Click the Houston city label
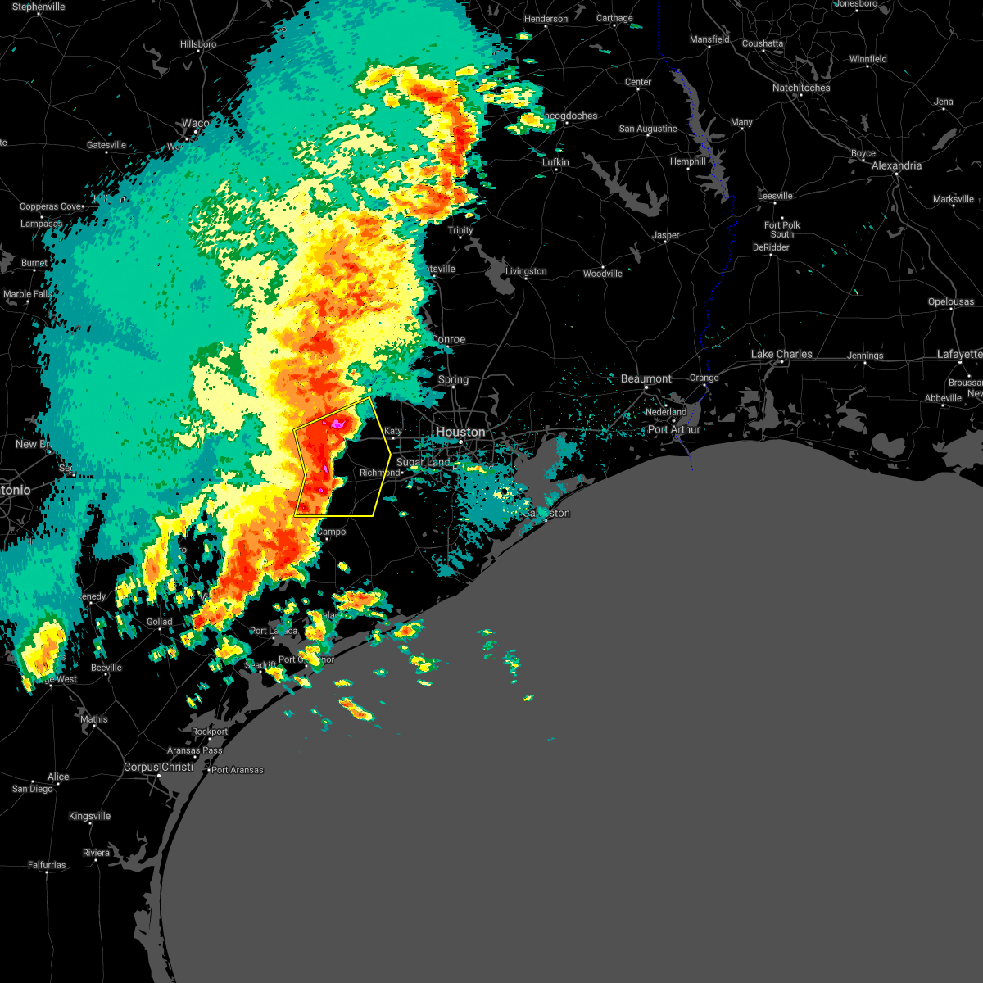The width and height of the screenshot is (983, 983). (x=460, y=432)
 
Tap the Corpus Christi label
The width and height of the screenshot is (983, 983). (x=158, y=768)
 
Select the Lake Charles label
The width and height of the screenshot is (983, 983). (x=781, y=354)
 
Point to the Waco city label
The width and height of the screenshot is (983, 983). (x=195, y=124)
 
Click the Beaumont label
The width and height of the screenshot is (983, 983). (x=646, y=378)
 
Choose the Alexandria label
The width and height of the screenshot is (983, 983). (x=896, y=165)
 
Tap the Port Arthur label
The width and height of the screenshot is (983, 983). (x=674, y=429)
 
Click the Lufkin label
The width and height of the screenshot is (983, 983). (x=555, y=162)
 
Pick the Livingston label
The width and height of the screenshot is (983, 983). (x=526, y=271)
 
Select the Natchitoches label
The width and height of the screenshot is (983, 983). (x=801, y=88)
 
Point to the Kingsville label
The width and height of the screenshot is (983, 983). (x=89, y=816)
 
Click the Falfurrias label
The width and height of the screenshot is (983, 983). (x=47, y=865)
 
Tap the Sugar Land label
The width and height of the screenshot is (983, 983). (x=423, y=463)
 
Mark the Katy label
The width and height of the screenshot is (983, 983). (x=393, y=431)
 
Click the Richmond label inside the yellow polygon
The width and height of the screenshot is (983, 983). (x=379, y=473)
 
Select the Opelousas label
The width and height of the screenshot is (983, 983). (x=950, y=301)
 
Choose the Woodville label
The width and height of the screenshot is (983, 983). (x=603, y=274)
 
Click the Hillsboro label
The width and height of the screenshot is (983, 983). (x=198, y=44)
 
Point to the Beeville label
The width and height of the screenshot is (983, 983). (x=106, y=668)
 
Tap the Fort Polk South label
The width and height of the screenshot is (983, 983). (x=782, y=229)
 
